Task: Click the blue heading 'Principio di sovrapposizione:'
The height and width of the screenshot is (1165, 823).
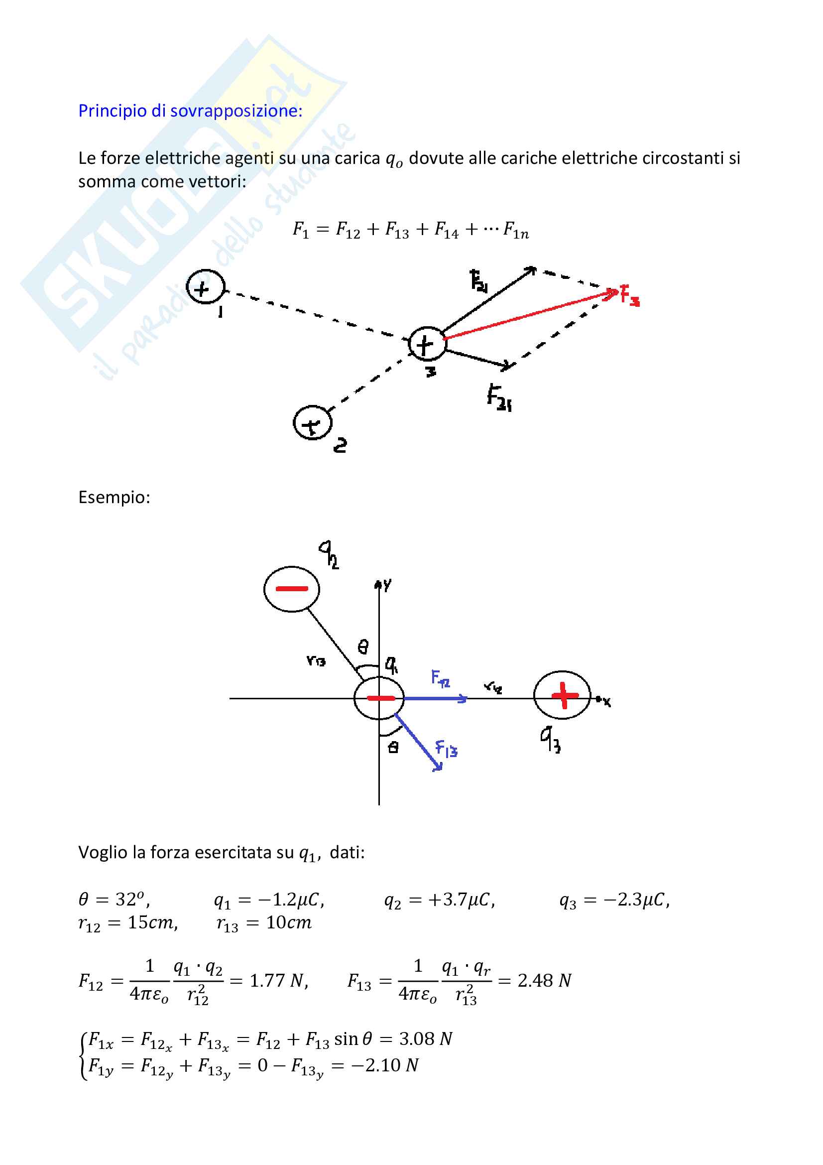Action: tap(190, 111)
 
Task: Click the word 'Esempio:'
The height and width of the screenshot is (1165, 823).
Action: tap(114, 497)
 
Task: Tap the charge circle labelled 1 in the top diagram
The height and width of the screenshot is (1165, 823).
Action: tap(205, 287)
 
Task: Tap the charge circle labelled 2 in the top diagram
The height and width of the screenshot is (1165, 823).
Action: tap(312, 423)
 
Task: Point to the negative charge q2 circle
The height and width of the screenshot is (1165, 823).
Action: tap(292, 589)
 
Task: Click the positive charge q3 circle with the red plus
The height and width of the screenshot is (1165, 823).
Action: tap(562, 695)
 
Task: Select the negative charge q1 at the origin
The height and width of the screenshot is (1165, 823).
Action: tap(379, 698)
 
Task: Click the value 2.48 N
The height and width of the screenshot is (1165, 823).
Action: tap(545, 981)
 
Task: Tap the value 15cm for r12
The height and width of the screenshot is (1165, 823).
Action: tap(152, 922)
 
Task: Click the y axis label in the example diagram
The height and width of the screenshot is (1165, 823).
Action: tap(387, 585)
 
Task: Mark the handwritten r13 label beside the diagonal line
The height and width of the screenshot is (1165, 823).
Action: tap(315, 661)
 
